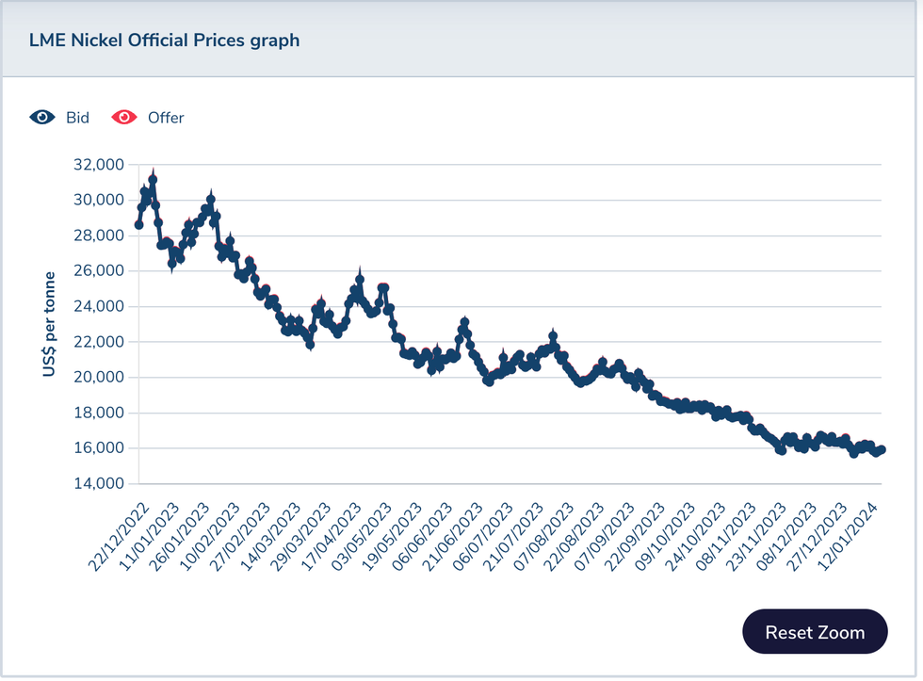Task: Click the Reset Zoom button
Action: [815, 632]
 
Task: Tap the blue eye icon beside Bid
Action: [42, 118]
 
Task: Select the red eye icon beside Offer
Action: [123, 118]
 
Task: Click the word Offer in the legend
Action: [166, 118]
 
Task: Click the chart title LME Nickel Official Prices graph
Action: [164, 40]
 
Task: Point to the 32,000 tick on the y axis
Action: [98, 165]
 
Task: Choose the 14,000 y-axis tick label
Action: [98, 483]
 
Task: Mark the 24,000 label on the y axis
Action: [98, 306]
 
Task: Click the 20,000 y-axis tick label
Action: [98, 377]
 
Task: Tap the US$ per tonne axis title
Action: [49, 325]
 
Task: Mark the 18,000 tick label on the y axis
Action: [98, 413]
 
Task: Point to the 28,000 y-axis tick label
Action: [98, 235]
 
